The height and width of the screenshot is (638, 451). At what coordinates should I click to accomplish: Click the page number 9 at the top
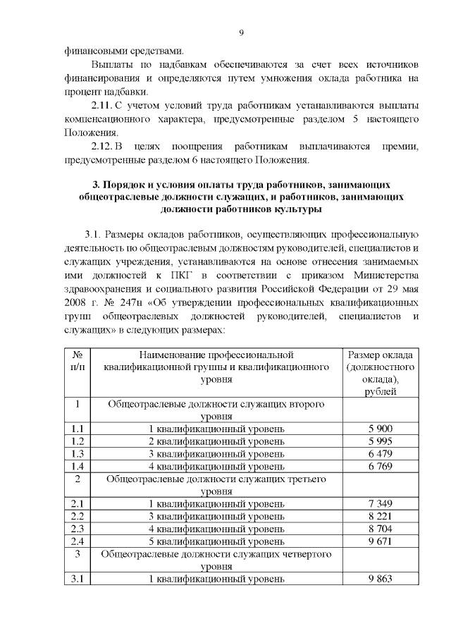click(x=241, y=32)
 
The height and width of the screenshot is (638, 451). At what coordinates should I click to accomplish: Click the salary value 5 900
click(x=380, y=429)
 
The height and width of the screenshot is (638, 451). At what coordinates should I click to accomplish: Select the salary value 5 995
click(x=380, y=441)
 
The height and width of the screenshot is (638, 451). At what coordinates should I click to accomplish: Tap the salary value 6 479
click(x=380, y=453)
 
